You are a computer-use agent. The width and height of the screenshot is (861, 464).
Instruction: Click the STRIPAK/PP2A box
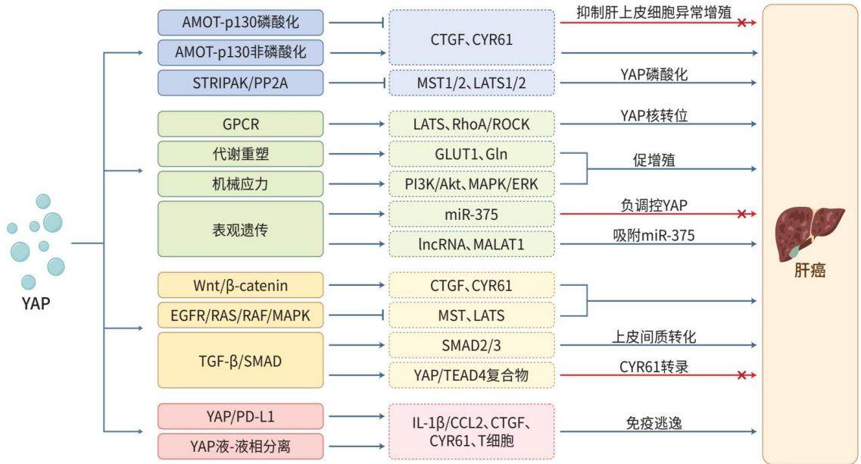241,83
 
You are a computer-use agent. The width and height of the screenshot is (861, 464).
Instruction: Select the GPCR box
241,124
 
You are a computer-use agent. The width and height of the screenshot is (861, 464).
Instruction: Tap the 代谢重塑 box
241,154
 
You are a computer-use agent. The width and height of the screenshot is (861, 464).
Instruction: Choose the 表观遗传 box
241,229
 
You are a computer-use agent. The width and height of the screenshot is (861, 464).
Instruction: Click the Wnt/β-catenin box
241,285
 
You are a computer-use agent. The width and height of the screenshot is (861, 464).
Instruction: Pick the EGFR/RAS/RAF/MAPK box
241,315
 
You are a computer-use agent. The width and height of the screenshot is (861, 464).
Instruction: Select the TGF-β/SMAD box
241,361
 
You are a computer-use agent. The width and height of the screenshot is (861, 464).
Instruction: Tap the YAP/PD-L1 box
241,417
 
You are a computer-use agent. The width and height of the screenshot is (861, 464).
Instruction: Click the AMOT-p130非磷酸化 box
241,52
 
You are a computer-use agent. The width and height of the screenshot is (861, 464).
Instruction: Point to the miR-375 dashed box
472,215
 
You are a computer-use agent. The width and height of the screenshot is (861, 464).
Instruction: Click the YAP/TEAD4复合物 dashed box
472,375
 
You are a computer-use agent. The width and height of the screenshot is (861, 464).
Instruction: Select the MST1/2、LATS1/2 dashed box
472,83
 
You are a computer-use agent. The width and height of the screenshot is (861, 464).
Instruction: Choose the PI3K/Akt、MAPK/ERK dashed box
472,184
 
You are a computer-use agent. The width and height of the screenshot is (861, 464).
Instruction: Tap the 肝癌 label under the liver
810,271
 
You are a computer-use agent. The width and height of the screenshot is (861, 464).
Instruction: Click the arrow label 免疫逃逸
654,423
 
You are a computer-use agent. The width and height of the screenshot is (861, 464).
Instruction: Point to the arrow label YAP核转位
654,115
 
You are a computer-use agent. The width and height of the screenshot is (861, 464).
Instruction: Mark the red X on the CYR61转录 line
742,375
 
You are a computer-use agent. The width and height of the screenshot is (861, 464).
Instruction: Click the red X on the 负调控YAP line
742,214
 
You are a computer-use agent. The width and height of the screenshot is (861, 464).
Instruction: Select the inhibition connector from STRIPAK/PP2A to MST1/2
357,83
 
